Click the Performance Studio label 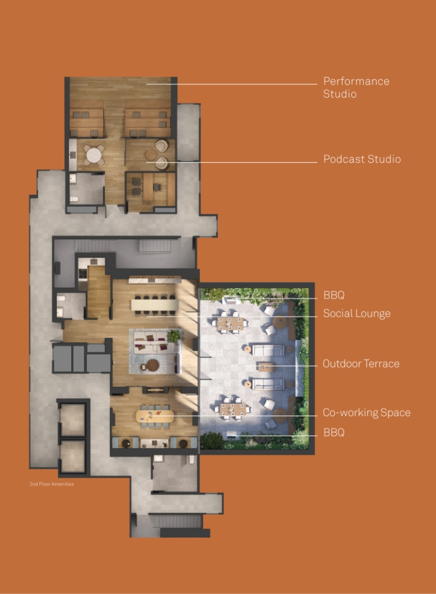point(356,87)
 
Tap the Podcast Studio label point(362,159)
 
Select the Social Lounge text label point(357,313)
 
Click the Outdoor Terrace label point(361,364)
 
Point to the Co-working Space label point(367,413)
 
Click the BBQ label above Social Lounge point(334,295)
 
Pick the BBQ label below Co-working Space point(334,432)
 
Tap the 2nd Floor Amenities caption point(52,484)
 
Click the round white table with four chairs point(94,155)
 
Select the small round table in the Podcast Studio point(151,155)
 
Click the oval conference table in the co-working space point(155,416)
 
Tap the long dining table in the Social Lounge point(155,305)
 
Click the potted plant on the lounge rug point(174,335)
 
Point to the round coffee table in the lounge point(153,365)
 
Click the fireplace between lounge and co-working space point(156,390)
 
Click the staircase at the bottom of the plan point(176,521)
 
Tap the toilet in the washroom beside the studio point(74,199)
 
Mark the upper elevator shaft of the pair point(72,420)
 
